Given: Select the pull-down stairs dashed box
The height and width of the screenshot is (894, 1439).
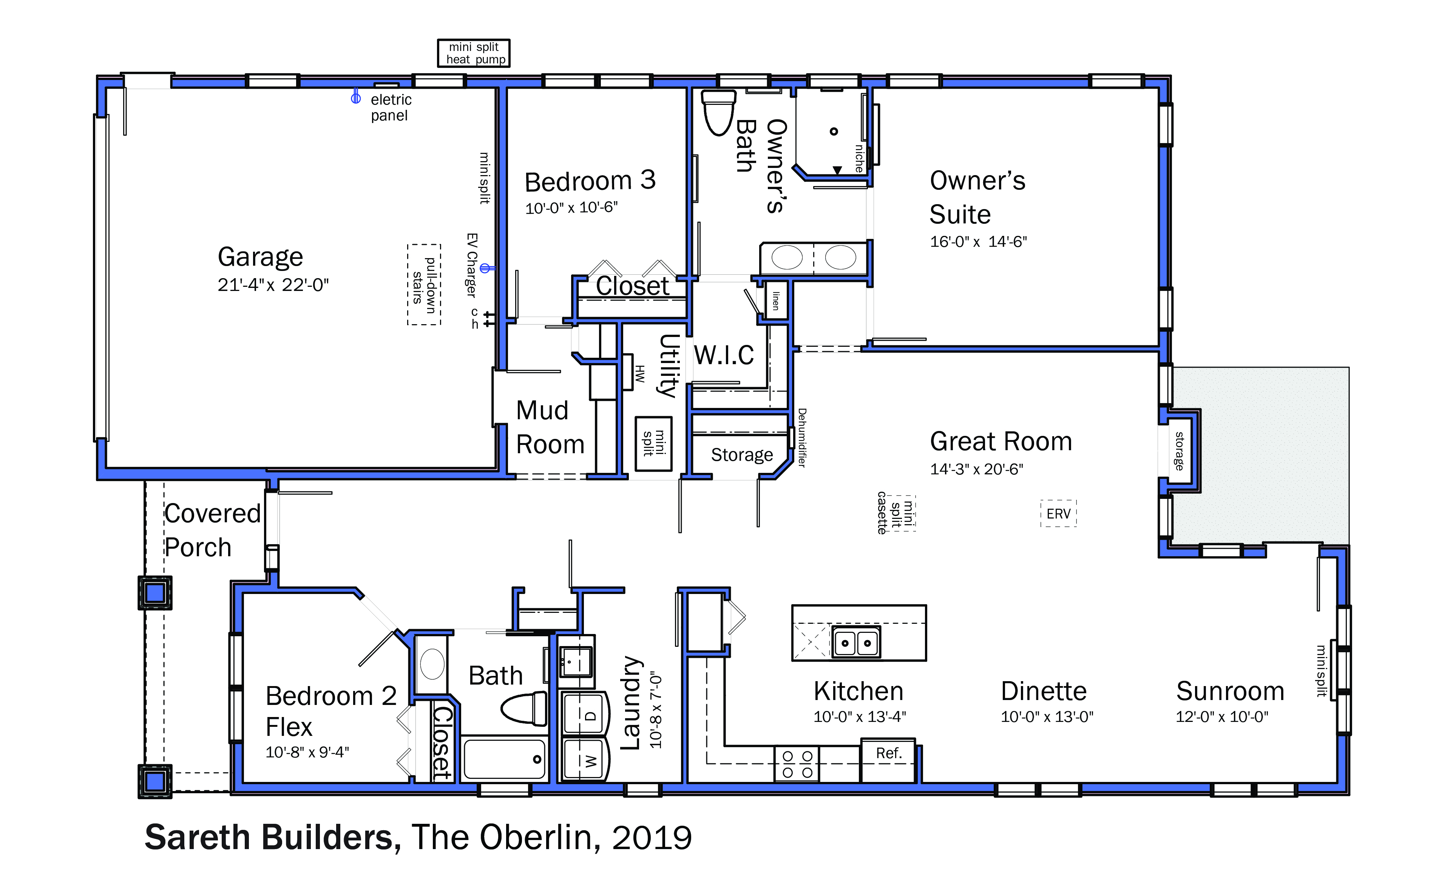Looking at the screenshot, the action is point(424,285).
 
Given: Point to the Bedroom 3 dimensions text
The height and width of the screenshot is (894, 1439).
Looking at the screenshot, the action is point(571,208).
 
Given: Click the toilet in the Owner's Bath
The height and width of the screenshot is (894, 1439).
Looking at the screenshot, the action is point(718,112).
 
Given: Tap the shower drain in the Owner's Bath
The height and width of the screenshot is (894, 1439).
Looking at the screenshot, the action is point(834,131).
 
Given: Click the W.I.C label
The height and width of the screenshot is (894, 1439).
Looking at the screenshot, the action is point(724,355).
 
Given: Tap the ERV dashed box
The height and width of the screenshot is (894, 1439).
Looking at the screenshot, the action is point(1059,513).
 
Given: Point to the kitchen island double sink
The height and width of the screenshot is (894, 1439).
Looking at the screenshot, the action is point(856,642).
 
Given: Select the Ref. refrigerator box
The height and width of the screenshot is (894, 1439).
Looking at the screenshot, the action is point(888,760).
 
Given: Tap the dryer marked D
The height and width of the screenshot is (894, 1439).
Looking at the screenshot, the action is point(585,713).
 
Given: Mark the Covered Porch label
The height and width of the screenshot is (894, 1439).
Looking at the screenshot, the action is point(212,530).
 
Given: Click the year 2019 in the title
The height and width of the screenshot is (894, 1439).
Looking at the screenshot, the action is point(652,837).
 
